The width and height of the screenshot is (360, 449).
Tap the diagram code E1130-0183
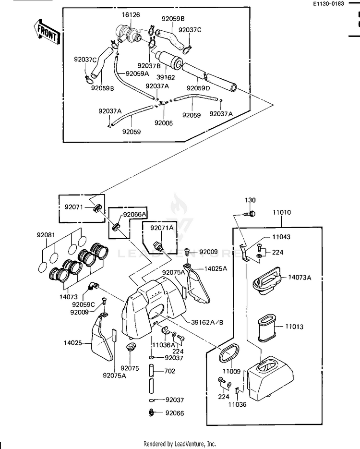tap(329, 4)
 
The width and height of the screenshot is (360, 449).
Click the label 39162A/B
tap(207, 322)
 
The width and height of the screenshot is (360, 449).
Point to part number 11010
tap(282, 212)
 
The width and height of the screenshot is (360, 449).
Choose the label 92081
tap(46, 235)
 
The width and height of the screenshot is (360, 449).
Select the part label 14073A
tap(300, 277)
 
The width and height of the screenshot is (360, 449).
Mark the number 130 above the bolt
tap(251, 200)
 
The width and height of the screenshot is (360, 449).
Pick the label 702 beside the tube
tap(169, 371)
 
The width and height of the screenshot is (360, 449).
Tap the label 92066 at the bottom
tap(174, 413)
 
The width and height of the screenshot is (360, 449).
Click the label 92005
tap(163, 123)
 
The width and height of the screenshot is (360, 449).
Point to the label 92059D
tap(198, 88)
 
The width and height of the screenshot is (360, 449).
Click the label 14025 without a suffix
tap(73, 343)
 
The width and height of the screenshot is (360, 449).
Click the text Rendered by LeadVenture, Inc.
tap(180, 444)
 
